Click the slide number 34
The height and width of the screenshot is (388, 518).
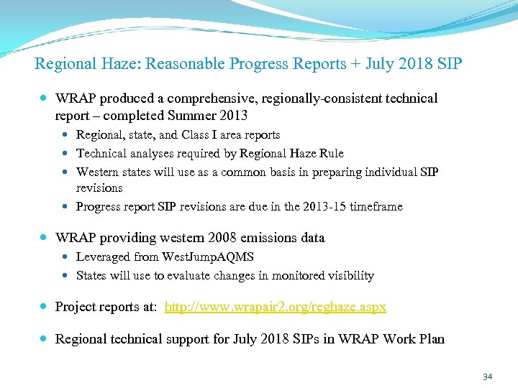click(487, 377)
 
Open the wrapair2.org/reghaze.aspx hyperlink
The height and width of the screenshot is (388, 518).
click(276, 307)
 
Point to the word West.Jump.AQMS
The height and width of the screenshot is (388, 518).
click(207, 257)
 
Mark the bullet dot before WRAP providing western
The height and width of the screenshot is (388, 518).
click(45, 238)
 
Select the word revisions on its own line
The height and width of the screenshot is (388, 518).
click(99, 188)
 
